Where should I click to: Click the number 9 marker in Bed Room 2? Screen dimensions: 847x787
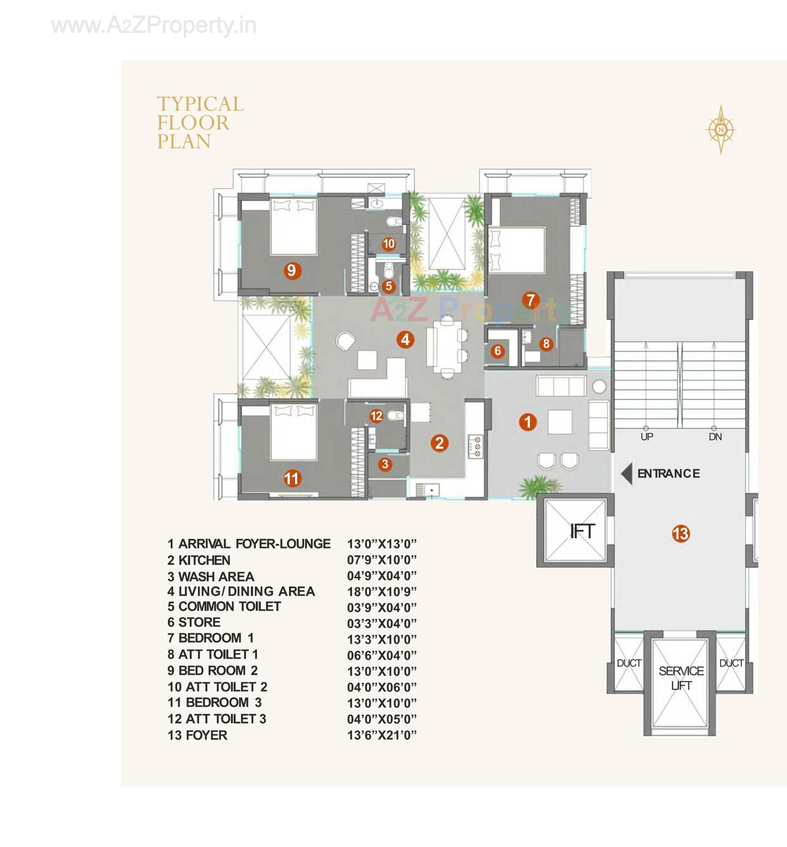pos(291,270)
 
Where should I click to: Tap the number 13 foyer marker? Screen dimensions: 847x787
pos(680,533)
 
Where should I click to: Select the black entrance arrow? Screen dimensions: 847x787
pos(626,474)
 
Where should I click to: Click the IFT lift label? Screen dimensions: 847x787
pos(582,531)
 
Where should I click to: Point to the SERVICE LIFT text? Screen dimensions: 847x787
pos(681,678)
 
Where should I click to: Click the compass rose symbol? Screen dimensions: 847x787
pos(721,129)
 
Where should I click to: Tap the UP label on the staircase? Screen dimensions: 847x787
pos(646,437)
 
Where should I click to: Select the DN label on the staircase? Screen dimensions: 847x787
pos(715,437)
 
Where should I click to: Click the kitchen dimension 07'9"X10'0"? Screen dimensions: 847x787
pos(382,560)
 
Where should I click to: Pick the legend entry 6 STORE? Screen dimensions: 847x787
pos(194,622)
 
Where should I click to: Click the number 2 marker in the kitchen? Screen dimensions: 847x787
pos(439,443)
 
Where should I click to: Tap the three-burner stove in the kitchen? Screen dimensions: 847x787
pos(476,446)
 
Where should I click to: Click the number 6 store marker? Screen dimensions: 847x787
pos(498,351)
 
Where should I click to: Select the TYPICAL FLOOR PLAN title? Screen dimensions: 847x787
pos(200,122)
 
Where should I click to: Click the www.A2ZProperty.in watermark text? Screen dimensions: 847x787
pos(154,25)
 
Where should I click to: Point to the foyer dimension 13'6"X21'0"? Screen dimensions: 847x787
pos(382,735)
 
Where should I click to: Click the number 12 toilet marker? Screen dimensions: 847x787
pos(376,416)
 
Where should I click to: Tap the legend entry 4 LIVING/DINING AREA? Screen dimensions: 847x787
pos(241,591)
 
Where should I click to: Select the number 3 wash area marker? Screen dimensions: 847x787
pos(385,464)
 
